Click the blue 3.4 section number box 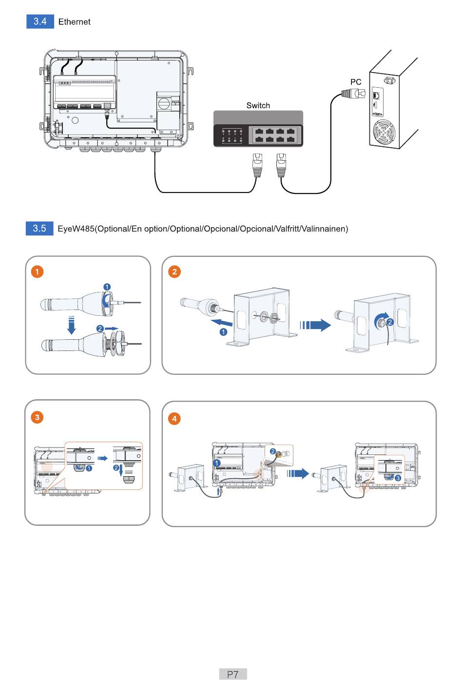pyautogui.click(x=40, y=21)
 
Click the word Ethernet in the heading pyautogui.click(x=74, y=22)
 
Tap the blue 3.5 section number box pyautogui.click(x=39, y=228)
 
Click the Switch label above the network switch pyautogui.click(x=258, y=105)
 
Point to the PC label pyautogui.click(x=356, y=82)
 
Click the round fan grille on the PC pyautogui.click(x=384, y=132)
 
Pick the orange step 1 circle pyautogui.click(x=37, y=271)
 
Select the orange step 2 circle pyautogui.click(x=174, y=272)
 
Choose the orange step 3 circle pyautogui.click(x=37, y=417)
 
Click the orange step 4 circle pyautogui.click(x=174, y=418)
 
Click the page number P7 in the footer pyautogui.click(x=233, y=674)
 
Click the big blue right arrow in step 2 pyautogui.click(x=315, y=325)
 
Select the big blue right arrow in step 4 pyautogui.click(x=298, y=473)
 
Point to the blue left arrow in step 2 pyautogui.click(x=221, y=323)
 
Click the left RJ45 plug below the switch pyautogui.click(x=257, y=164)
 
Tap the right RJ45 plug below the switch pyautogui.click(x=281, y=164)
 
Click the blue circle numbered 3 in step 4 pyautogui.click(x=398, y=478)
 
